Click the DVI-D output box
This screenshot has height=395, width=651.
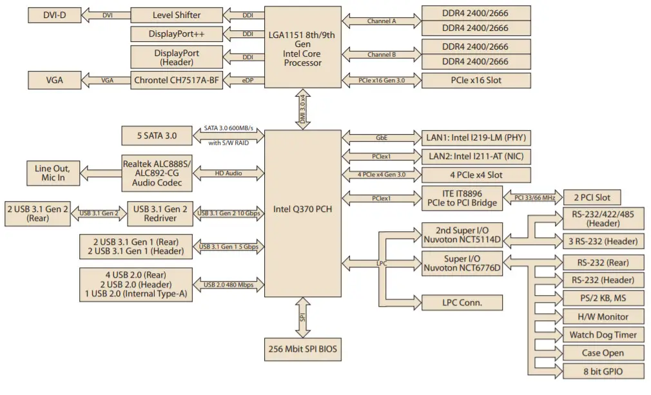pyautogui.click(x=54, y=15)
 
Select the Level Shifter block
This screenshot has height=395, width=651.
pyautogui.click(x=176, y=15)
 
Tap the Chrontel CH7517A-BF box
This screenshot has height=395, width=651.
pyautogui.click(x=176, y=81)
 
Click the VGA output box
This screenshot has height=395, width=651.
pyautogui.click(x=54, y=81)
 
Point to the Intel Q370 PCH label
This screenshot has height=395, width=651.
pyautogui.click(x=302, y=210)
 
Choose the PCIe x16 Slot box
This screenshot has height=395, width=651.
pyautogui.click(x=476, y=81)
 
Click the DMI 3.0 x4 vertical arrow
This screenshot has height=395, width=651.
pyautogui.click(x=302, y=110)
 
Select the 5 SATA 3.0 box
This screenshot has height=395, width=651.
pyautogui.click(x=157, y=136)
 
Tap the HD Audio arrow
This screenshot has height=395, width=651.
pyautogui.click(x=229, y=173)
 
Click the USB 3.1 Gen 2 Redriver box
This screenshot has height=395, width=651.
pyautogui.click(x=160, y=213)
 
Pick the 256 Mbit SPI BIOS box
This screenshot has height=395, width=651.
pyautogui.click(x=302, y=349)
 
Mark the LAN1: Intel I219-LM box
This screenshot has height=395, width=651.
pyautogui.click(x=476, y=137)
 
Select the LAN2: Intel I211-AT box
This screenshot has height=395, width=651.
pyautogui.click(x=476, y=156)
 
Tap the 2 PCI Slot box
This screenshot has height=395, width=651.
pyautogui.click(x=592, y=198)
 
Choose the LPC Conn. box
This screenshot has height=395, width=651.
pyautogui.click(x=462, y=302)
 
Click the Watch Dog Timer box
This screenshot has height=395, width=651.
pyautogui.click(x=603, y=334)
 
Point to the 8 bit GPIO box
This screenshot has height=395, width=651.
pyautogui.click(x=603, y=371)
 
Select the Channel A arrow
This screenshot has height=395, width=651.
pyautogui.click(x=382, y=21)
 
